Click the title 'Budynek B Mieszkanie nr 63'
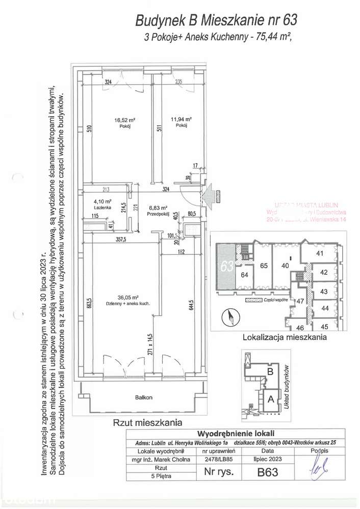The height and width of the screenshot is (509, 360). click(x=215, y=20)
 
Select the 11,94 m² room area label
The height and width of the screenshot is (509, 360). click(x=178, y=121)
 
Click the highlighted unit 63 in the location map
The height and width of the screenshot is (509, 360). click(x=227, y=266)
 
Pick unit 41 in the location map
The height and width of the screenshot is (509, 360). click(x=320, y=253)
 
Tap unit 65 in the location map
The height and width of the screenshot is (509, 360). click(x=264, y=265)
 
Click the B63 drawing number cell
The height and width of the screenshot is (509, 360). click(x=267, y=472)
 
